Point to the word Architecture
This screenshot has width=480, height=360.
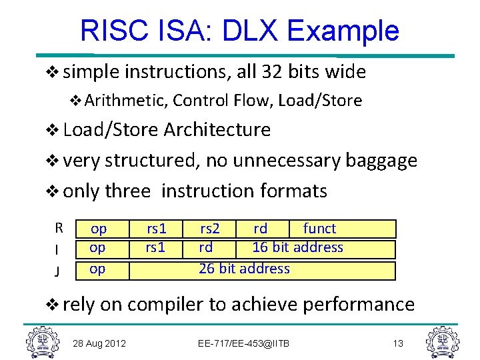click(x=217, y=129)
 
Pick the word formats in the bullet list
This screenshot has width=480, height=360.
click(x=293, y=191)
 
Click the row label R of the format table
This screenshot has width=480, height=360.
click(x=59, y=228)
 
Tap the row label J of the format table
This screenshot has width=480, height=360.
click(x=59, y=271)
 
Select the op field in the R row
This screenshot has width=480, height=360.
click(x=99, y=229)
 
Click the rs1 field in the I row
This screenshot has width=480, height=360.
click(x=156, y=247)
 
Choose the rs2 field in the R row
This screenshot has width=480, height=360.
click(x=211, y=229)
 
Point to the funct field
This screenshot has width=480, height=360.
click(x=319, y=229)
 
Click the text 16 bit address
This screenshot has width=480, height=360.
click(x=297, y=247)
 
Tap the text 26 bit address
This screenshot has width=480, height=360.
click(x=244, y=269)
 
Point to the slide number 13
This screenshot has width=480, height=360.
click(x=398, y=343)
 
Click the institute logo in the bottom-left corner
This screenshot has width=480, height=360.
click(x=41, y=341)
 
